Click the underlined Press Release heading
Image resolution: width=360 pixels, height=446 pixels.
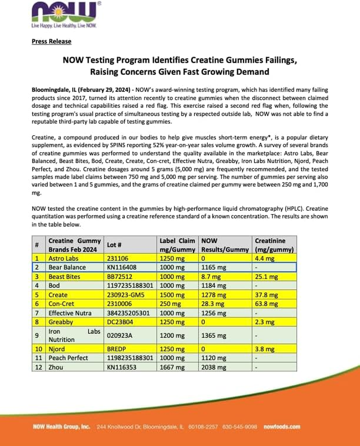[x=51, y=41]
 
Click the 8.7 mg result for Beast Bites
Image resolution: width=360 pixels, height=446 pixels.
[x=211, y=277]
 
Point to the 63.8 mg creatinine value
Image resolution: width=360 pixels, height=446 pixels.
[x=266, y=304]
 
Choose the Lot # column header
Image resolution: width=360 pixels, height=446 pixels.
[x=114, y=245]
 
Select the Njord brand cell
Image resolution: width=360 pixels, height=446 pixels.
[x=57, y=349]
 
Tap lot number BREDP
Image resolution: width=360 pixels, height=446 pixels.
[x=116, y=349]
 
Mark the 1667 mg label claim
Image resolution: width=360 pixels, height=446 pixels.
[x=172, y=367]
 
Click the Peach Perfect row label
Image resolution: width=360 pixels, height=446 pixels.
[x=68, y=358]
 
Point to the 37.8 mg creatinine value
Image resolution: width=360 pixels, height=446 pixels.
[x=266, y=295]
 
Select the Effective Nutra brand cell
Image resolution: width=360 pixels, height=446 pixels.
[x=70, y=313]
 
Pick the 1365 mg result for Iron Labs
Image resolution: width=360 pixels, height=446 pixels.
[x=213, y=336]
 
